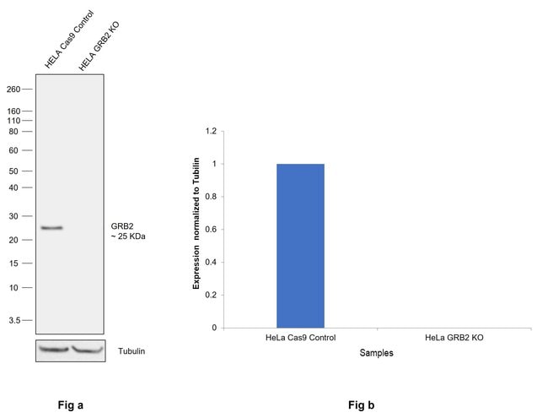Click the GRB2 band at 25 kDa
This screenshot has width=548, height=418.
pos(51,227)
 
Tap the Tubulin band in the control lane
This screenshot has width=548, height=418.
pos(52,348)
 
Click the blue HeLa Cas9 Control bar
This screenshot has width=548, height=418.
pos(300,245)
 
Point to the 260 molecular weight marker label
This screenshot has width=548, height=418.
pos(13,89)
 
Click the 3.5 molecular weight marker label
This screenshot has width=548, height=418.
pos(13,320)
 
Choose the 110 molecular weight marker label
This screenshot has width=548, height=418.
pos(13,121)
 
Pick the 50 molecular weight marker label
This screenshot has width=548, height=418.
pos(14,171)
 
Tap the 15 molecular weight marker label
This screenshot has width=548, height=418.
pos(14,263)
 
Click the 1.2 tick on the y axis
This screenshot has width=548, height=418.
pos(210,132)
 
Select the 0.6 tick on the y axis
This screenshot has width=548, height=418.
pos(210,230)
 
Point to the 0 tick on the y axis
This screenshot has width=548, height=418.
pos(213,328)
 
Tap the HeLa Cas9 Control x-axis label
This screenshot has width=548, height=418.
pos(300,338)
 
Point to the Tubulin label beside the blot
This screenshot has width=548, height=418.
pos(132,350)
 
